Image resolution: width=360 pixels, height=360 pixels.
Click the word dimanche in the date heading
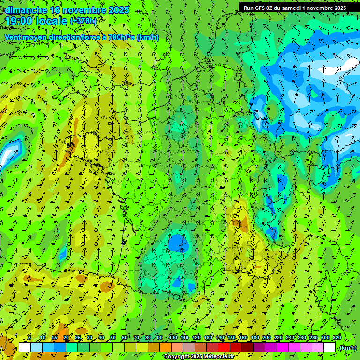tap(26, 10)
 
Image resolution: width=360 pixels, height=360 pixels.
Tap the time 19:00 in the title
tap(19, 21)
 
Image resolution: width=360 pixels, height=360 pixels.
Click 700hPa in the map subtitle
tap(122, 37)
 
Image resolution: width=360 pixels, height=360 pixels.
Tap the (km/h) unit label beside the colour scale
tap(347, 348)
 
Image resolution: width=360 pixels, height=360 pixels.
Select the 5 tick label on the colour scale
tap(30, 338)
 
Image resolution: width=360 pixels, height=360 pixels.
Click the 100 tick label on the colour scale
tap(172, 338)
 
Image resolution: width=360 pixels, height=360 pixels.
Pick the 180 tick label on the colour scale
tap(255, 338)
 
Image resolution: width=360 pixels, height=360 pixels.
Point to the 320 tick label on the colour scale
tap(337, 338)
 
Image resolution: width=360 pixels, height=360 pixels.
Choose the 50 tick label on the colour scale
tap(113, 338)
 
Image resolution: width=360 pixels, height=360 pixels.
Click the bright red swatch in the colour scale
tap(224, 347)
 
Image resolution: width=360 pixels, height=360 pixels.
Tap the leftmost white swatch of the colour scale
tap(24, 347)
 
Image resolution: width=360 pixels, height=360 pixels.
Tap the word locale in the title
tap(52, 21)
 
